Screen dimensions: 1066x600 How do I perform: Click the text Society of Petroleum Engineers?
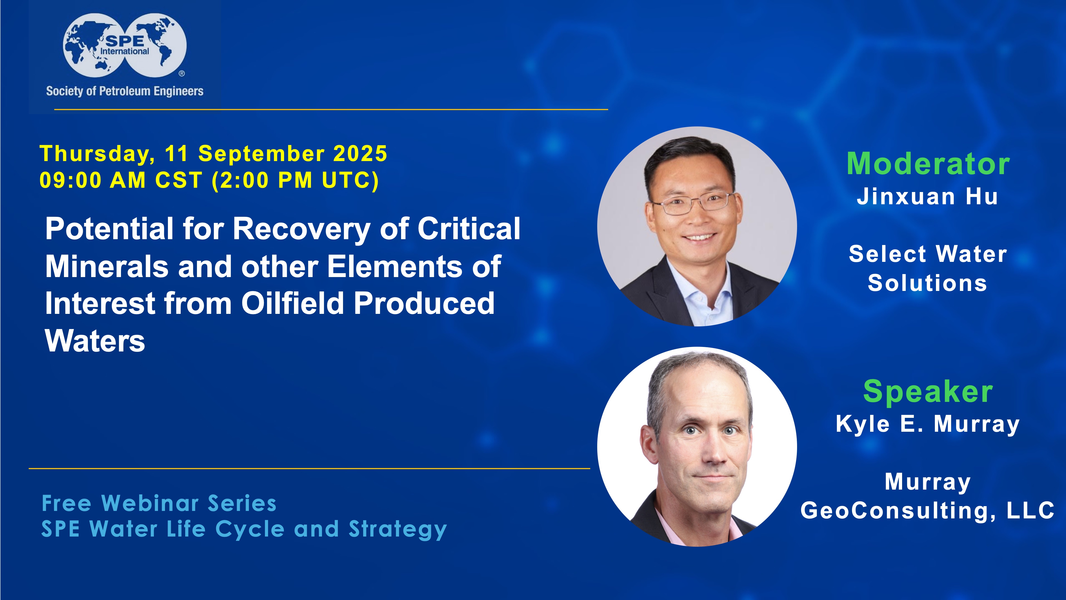point(124,91)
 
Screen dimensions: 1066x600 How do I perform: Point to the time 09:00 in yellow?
point(70,180)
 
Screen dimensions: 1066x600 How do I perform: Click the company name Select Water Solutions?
point(928,268)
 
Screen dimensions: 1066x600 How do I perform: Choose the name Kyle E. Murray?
point(928,424)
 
